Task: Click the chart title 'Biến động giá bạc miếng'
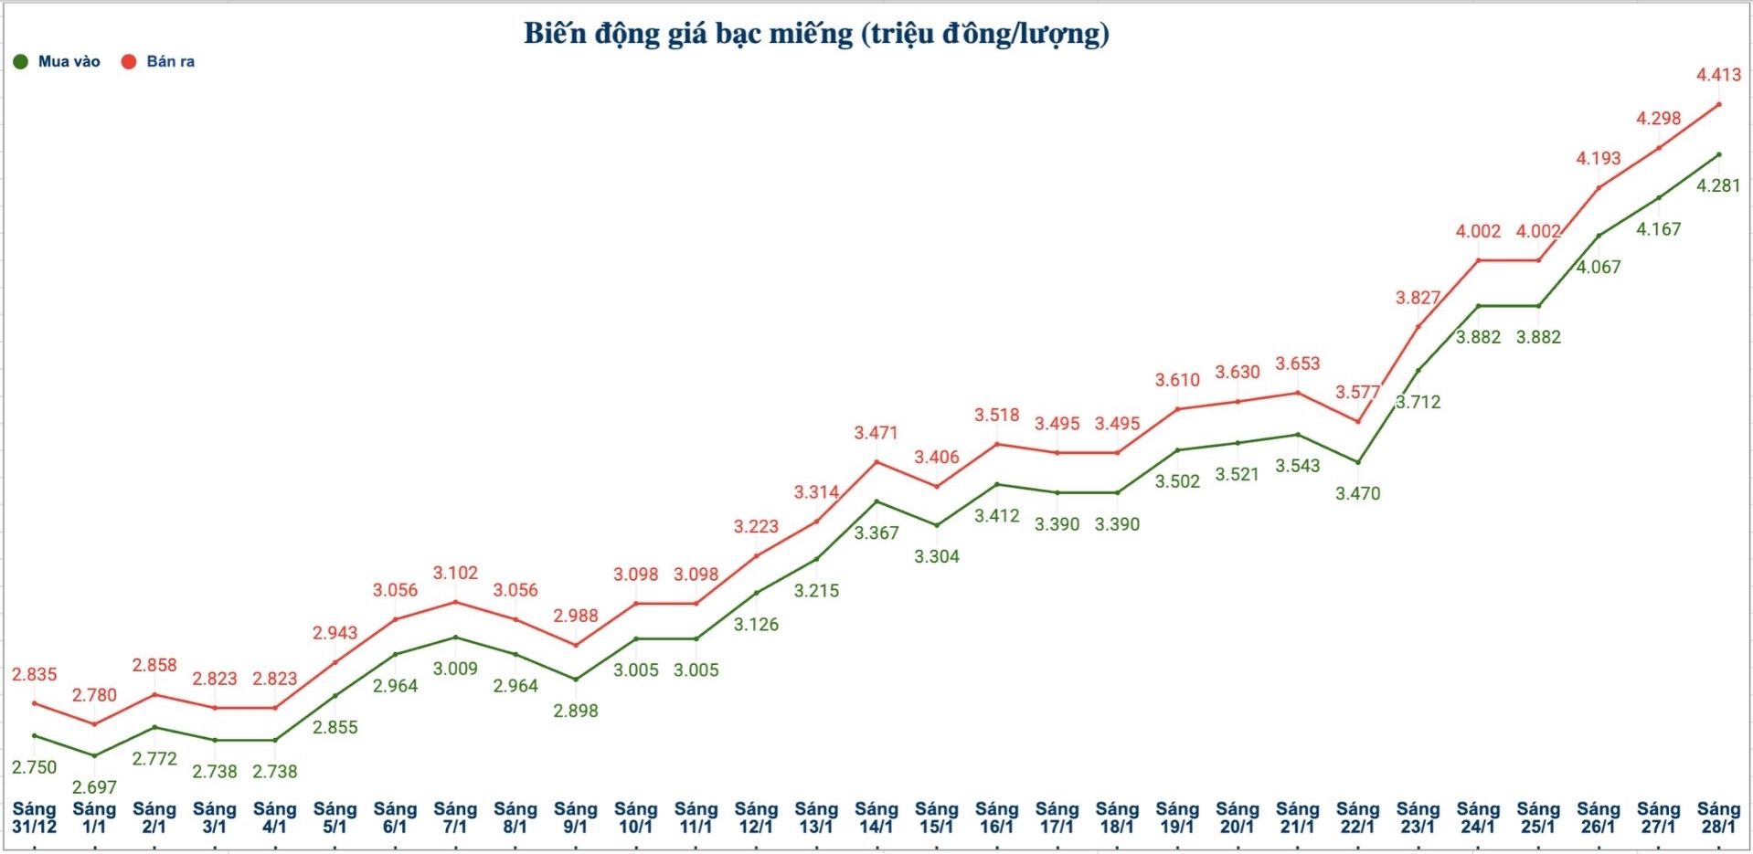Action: click(x=815, y=34)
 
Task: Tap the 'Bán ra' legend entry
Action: click(x=158, y=62)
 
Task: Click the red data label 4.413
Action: click(x=1718, y=75)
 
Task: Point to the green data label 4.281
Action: click(x=1718, y=185)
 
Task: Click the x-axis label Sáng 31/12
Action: click(x=34, y=817)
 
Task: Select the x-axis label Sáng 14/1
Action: click(x=876, y=817)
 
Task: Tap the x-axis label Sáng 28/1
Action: click(x=1718, y=817)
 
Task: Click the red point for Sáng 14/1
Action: click(x=876, y=461)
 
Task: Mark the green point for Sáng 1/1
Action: click(x=94, y=755)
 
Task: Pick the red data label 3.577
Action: click(x=1357, y=392)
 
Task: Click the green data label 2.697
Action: click(x=94, y=786)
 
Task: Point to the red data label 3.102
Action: click(x=455, y=573)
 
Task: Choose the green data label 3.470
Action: click(x=1357, y=493)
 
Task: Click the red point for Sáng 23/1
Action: click(x=1418, y=326)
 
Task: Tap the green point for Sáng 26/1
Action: click(x=1599, y=236)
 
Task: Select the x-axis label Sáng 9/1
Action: click(x=575, y=817)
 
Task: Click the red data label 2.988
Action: click(x=576, y=616)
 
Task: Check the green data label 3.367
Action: click(x=876, y=532)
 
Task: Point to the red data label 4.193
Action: click(x=1599, y=158)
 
